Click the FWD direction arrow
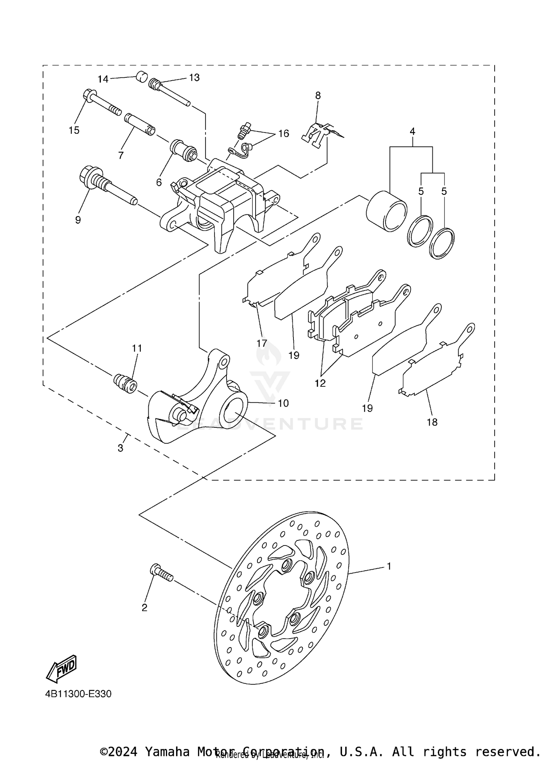61,669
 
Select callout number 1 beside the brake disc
389,566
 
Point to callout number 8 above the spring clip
318,95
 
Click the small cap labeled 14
141,76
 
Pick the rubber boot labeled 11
125,384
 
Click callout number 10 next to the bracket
283,403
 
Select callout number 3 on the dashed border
120,448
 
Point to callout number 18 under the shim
432,422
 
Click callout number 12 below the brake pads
320,383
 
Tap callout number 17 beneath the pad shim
262,343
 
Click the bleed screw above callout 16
244,131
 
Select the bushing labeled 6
184,150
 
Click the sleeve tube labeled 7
140,124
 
